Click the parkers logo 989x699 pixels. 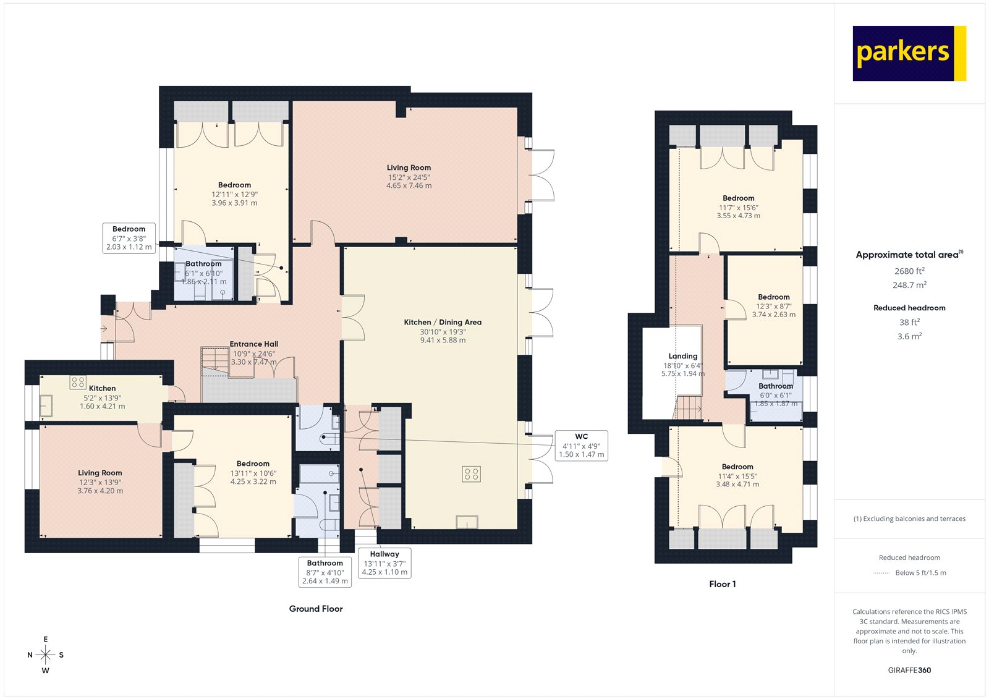click(909, 53)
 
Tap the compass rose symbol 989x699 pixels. click(45, 654)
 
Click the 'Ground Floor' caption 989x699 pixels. click(315, 609)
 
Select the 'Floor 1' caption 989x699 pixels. click(722, 584)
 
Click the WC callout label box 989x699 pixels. click(581, 445)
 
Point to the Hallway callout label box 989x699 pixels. click(384, 563)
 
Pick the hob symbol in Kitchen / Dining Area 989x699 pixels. click(471, 474)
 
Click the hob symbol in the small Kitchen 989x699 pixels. click(78, 382)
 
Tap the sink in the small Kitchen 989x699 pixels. click(46, 406)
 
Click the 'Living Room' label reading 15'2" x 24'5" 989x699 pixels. click(409, 176)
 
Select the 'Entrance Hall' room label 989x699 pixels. click(253, 344)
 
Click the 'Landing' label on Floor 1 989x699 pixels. click(682, 356)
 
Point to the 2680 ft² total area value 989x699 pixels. click(909, 271)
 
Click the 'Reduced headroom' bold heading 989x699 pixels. click(909, 308)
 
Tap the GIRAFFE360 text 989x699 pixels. click(909, 670)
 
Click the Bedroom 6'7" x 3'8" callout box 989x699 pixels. click(129, 238)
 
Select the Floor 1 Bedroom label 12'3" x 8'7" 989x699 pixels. click(773, 305)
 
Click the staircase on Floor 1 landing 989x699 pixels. click(688, 408)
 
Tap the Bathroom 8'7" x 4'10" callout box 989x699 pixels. click(325, 572)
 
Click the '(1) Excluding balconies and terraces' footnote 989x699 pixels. click(909, 519)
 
